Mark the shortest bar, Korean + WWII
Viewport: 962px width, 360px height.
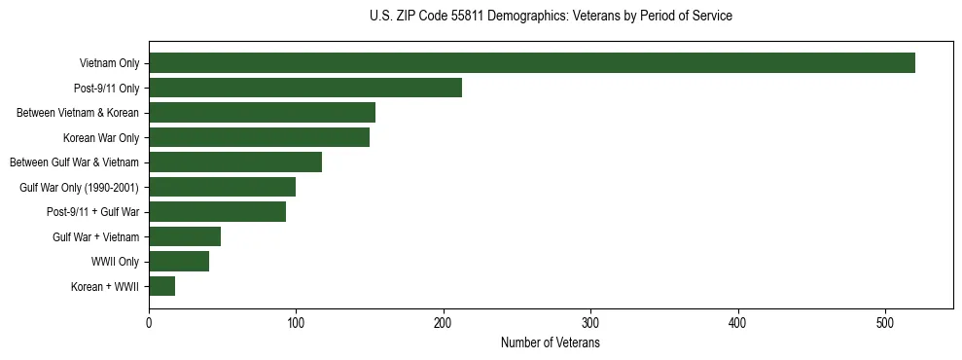pyautogui.click(x=161, y=286)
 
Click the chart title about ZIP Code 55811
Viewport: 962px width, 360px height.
pyautogui.click(x=551, y=17)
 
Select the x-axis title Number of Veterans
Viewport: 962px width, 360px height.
pyautogui.click(x=551, y=343)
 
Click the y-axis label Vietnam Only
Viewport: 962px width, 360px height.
pyautogui.click(x=109, y=64)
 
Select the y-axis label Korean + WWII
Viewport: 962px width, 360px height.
pyautogui.click(x=105, y=287)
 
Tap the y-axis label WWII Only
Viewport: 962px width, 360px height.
pyautogui.click(x=116, y=262)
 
